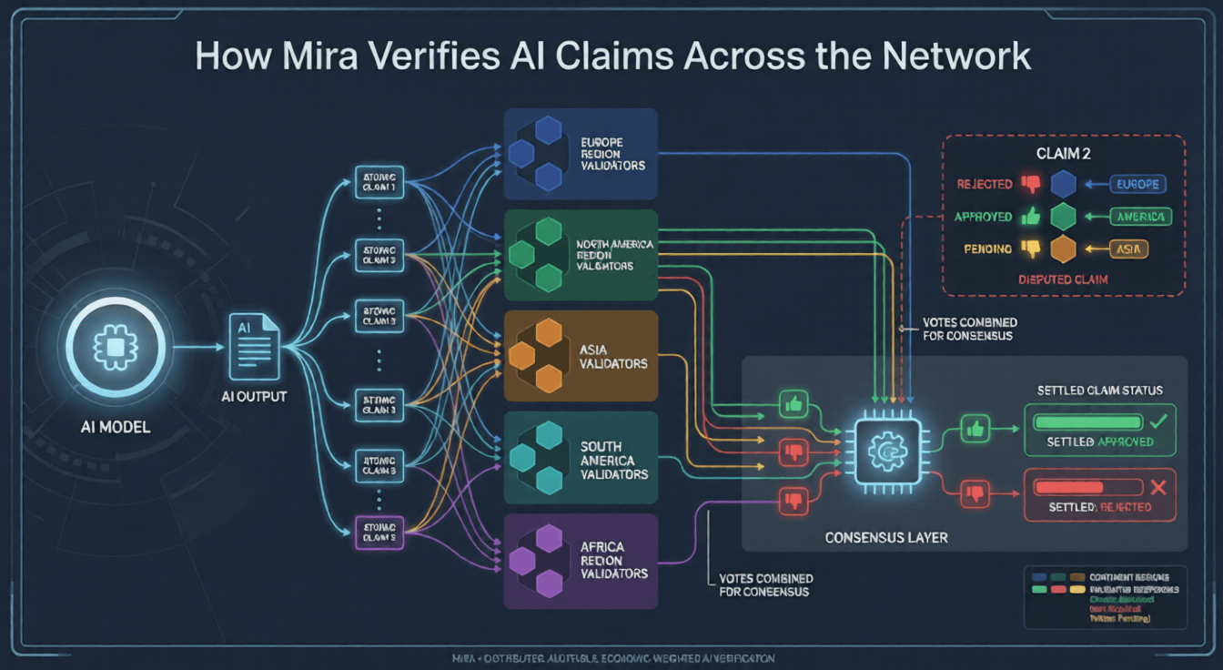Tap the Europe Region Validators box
pyautogui.click(x=580, y=154)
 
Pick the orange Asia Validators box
pyautogui.click(x=580, y=356)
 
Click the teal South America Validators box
pyautogui.click(x=580, y=458)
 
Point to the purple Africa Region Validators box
pyautogui.click(x=580, y=561)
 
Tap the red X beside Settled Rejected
pyautogui.click(x=1158, y=487)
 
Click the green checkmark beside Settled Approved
pyautogui.click(x=1158, y=421)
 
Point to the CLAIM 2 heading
pyautogui.click(x=1063, y=154)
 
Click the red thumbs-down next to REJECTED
pyautogui.click(x=1030, y=184)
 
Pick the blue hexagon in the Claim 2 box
pyautogui.click(x=1064, y=184)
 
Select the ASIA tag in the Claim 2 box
pyautogui.click(x=1127, y=249)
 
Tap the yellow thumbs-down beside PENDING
pyautogui.click(x=1030, y=249)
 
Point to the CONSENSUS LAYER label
pyautogui.click(x=885, y=537)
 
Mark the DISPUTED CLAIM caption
pyautogui.click(x=1063, y=279)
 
